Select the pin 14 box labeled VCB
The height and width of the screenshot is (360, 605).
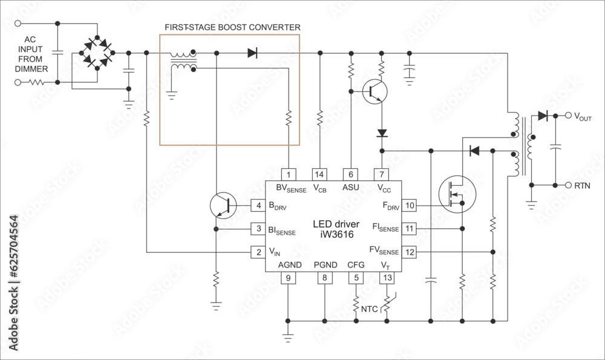[x=319, y=174]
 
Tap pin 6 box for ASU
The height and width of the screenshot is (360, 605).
[x=351, y=174]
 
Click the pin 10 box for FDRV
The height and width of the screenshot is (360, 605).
[x=410, y=206]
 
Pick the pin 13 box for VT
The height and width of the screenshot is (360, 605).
[x=386, y=278]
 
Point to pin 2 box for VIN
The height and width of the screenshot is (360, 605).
[x=258, y=252]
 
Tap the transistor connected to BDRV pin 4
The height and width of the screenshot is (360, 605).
[x=223, y=206]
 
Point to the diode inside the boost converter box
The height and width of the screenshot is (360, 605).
[x=252, y=53]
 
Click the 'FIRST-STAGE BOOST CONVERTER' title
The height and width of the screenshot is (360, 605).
[x=232, y=28]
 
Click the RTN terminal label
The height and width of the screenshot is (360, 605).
[x=582, y=186]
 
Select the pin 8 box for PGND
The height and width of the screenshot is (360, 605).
[x=325, y=278]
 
